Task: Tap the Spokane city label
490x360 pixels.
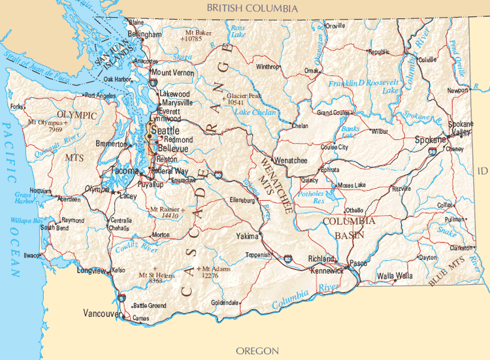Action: click(429, 140)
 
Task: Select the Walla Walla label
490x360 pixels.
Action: click(395, 276)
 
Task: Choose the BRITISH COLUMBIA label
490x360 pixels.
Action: click(252, 8)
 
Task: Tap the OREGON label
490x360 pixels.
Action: click(257, 351)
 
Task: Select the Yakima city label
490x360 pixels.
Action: click(247, 236)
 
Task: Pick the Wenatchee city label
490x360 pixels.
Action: click(291, 159)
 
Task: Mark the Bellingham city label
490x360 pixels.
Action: click(145, 34)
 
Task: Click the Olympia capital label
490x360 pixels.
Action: click(97, 189)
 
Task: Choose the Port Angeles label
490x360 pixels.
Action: click(101, 95)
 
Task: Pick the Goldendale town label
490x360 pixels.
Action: click(225, 303)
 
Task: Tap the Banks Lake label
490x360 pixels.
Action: click(350, 133)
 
